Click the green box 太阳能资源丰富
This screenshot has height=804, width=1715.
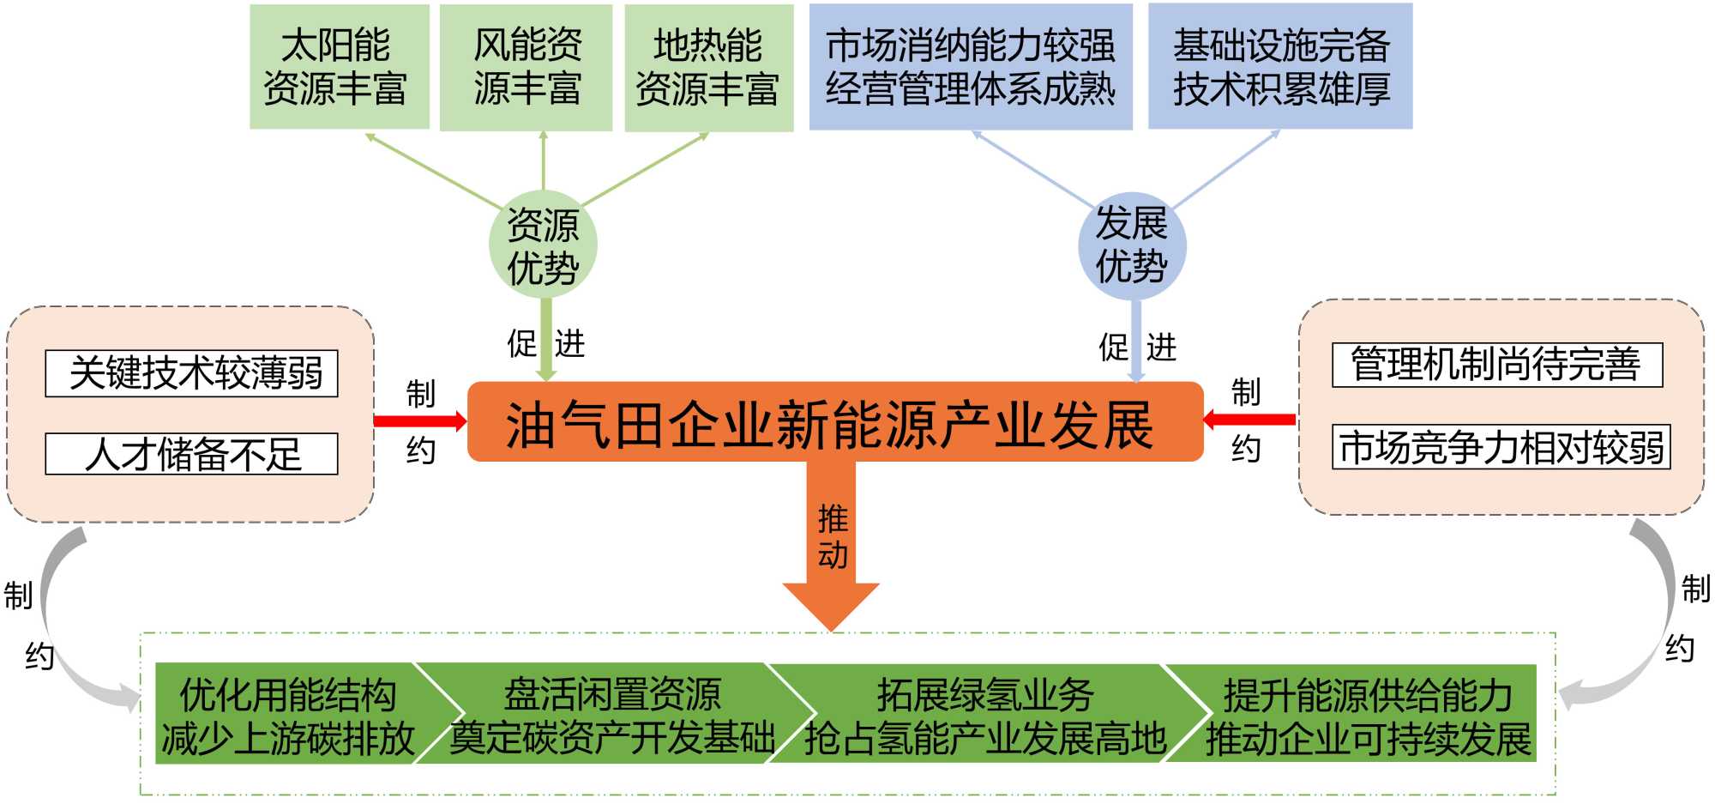click(x=339, y=67)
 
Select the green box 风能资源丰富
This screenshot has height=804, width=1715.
click(x=526, y=67)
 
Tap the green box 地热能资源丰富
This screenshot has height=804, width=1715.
click(x=708, y=67)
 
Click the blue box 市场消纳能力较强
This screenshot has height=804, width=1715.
click(x=970, y=67)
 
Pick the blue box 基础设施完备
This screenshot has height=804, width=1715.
click(x=1279, y=67)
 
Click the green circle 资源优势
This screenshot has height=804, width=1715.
click(x=543, y=245)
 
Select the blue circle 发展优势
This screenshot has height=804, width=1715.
click(x=1131, y=245)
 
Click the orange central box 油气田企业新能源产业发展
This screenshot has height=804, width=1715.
click(x=834, y=422)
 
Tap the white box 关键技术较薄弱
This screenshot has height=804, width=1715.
click(x=191, y=373)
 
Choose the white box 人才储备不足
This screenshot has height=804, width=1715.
click(x=191, y=454)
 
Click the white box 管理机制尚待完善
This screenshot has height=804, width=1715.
click(x=1496, y=365)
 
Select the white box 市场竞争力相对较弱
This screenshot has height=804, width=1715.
click(x=1501, y=447)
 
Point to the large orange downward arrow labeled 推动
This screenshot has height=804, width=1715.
click(x=831, y=549)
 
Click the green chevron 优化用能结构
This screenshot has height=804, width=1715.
click(x=287, y=715)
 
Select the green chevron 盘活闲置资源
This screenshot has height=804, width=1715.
click(x=612, y=715)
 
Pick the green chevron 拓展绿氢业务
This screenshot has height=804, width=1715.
click(x=984, y=715)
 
